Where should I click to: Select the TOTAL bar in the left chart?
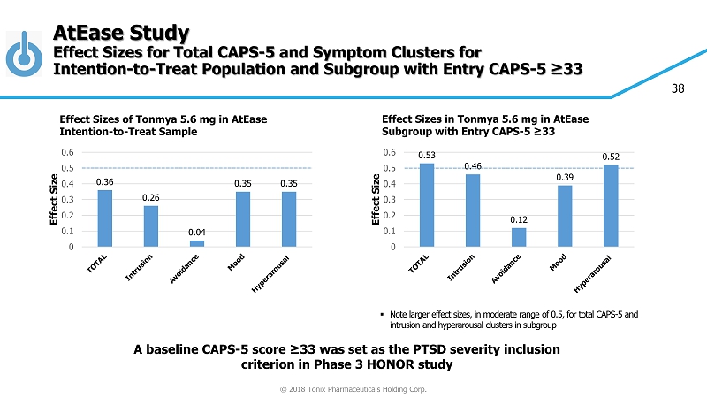pos(104,218)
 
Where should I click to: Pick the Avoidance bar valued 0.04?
pos(197,243)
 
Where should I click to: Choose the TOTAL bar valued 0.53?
pos(427,205)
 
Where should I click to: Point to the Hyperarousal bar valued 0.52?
pos(611,206)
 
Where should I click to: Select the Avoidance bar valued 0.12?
pos(519,237)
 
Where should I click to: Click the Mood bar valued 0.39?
pos(565,216)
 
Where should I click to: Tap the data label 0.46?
pos(473,165)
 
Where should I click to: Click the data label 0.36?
pos(104,182)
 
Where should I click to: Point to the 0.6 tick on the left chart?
pos(66,152)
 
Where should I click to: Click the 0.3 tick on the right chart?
pos(389,199)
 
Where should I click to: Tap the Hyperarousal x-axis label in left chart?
pos(284,271)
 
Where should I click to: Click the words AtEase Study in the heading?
pos(120,34)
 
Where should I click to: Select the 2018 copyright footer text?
pos(353,389)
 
